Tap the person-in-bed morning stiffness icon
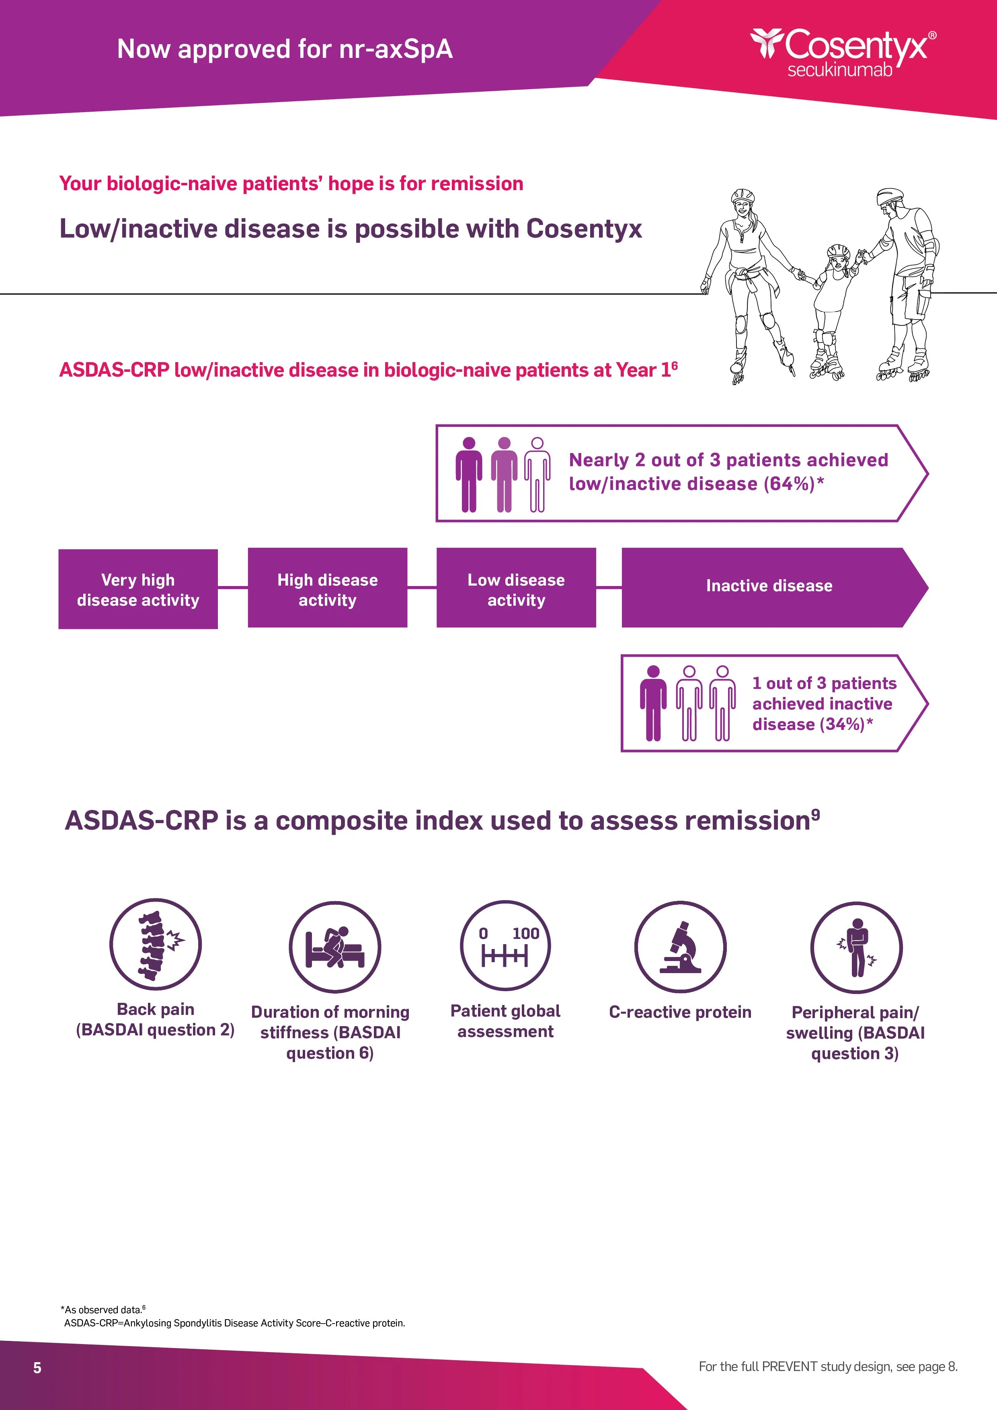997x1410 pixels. [335, 948]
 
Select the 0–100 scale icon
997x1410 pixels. [505, 946]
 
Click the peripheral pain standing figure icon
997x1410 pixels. [856, 948]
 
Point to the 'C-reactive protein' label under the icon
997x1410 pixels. [680, 1012]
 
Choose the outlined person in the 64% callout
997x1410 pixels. [537, 475]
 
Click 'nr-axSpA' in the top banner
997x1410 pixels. [396, 49]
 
